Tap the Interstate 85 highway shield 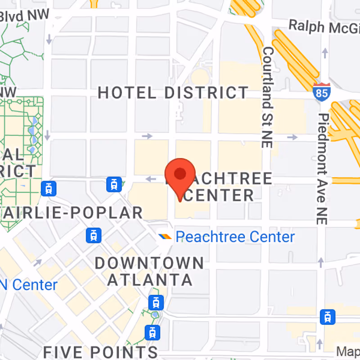coord(322,91)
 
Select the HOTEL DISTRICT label coord(173,93)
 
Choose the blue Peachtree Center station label coord(235,237)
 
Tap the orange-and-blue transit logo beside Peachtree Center coord(165,237)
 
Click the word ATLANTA coord(150,280)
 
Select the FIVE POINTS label coord(100,351)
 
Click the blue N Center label coord(29,285)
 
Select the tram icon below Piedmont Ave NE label coord(327,317)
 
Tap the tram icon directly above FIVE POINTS coord(153,333)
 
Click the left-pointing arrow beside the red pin coord(151,179)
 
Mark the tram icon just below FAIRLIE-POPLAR coord(94,234)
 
